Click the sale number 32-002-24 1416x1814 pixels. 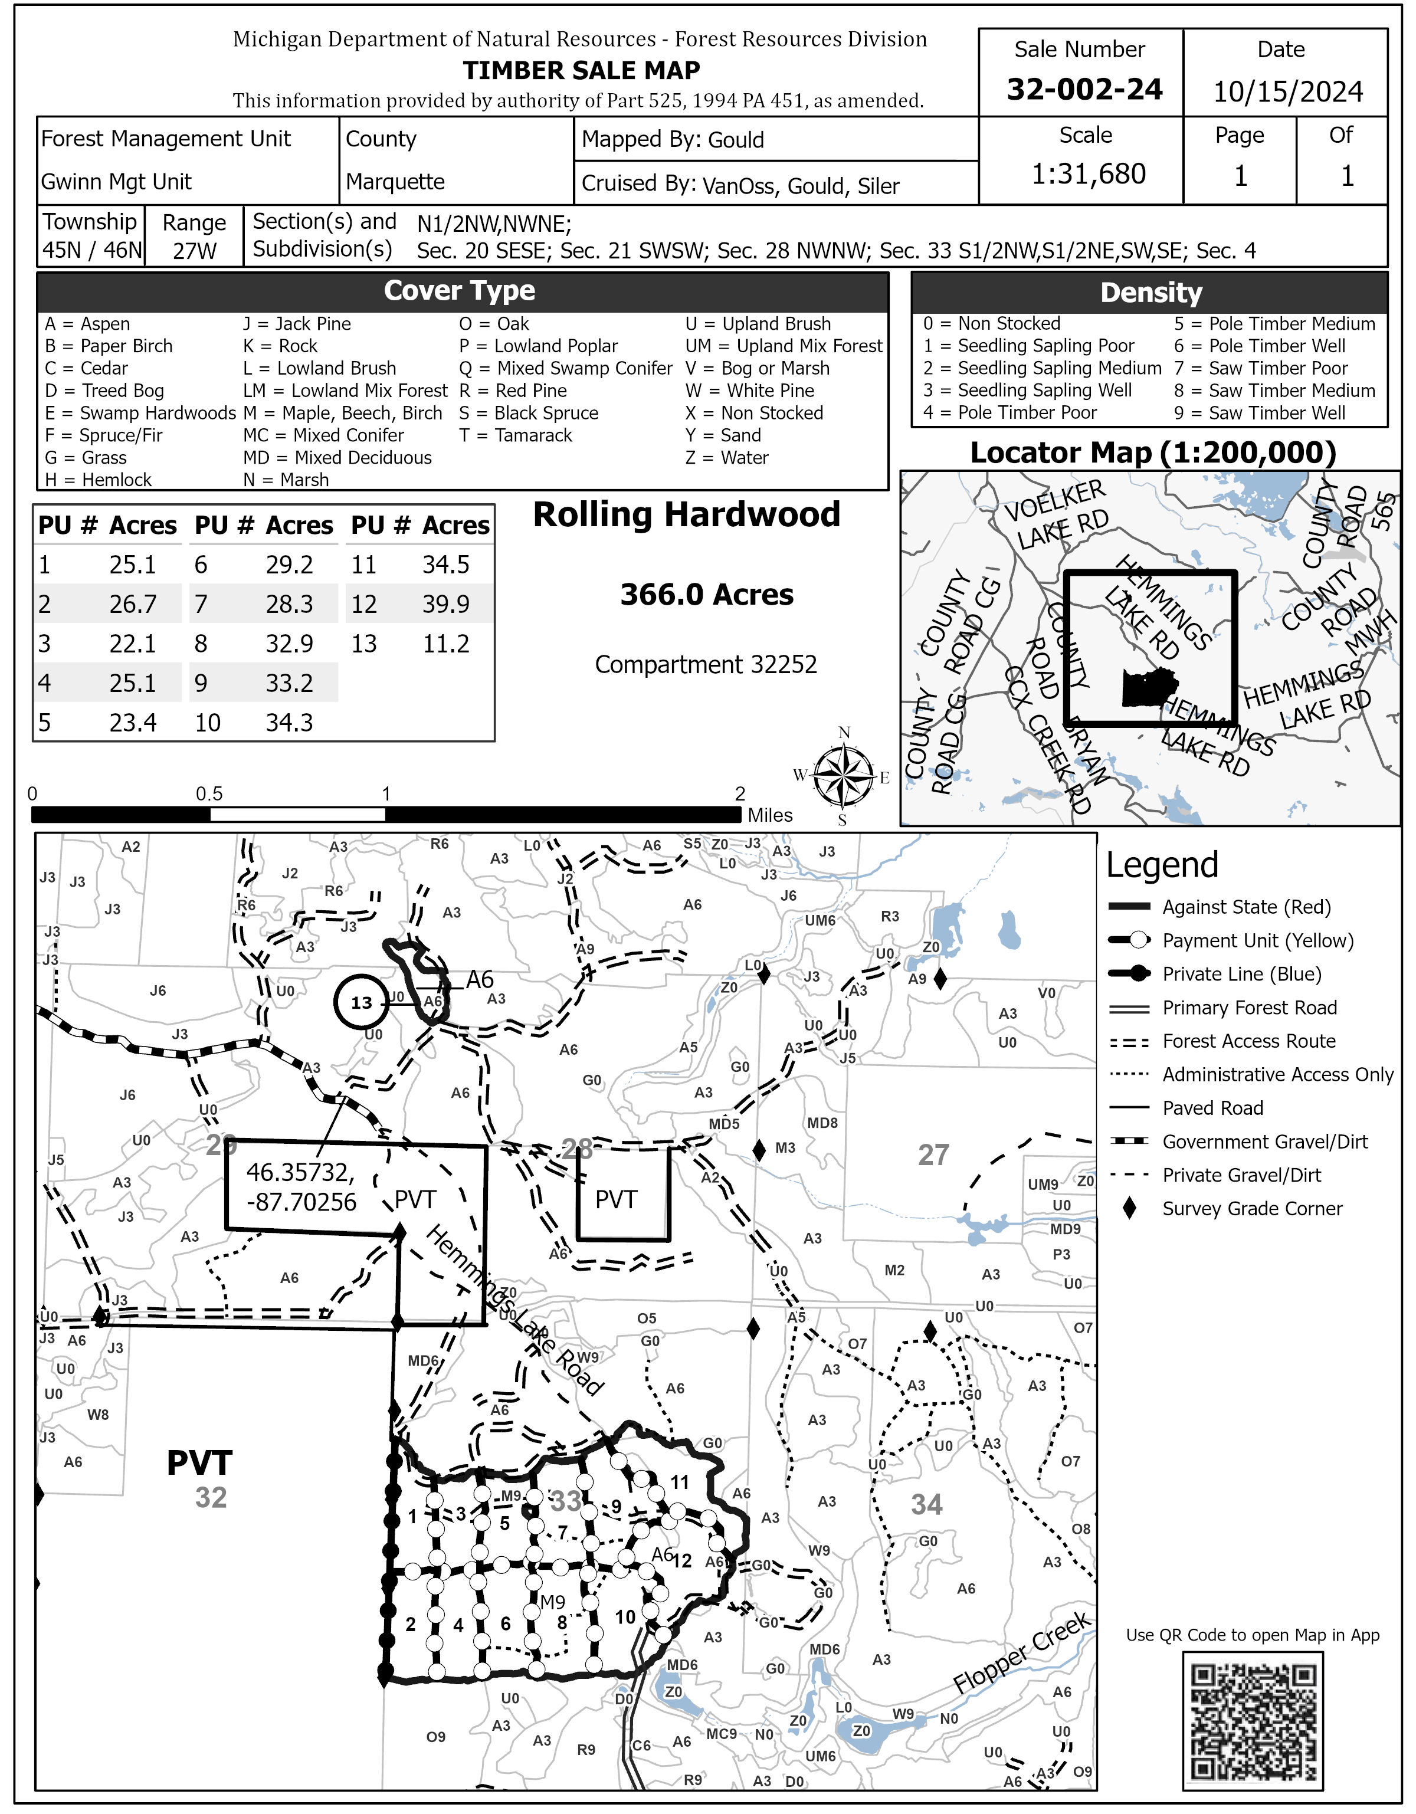point(1084,89)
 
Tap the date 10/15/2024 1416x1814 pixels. point(1287,91)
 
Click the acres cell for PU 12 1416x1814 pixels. point(446,604)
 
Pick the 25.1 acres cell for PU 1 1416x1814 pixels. point(133,565)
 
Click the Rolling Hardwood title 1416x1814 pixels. point(686,514)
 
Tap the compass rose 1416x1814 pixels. point(844,776)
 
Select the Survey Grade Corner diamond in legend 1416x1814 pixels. point(1129,1209)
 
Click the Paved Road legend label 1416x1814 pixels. point(1212,1108)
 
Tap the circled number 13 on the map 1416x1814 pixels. point(361,1002)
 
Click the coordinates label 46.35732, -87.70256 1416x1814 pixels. point(301,1187)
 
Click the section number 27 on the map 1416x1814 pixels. point(933,1154)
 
